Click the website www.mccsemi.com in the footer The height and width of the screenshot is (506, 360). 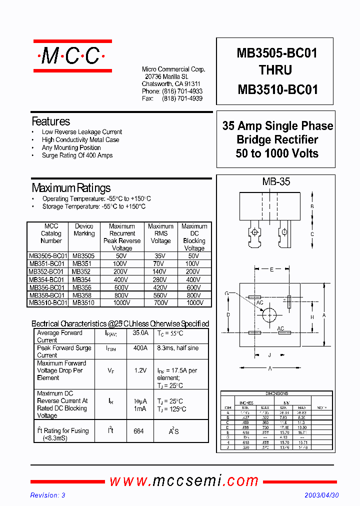click(x=183, y=480)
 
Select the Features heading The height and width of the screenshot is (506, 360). click(x=50, y=121)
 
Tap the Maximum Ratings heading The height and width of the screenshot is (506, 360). click(x=71, y=188)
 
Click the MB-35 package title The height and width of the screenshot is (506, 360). click(x=275, y=182)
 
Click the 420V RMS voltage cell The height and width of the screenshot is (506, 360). click(x=160, y=287)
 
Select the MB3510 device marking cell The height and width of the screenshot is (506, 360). click(x=83, y=302)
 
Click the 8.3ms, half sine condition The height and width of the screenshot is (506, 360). click(x=177, y=348)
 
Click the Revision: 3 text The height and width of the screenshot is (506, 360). click(x=48, y=495)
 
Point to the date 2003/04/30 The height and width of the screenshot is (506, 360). click(x=322, y=495)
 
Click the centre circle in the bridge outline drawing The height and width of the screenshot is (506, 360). click(x=269, y=314)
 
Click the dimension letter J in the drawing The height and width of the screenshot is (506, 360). click(x=269, y=355)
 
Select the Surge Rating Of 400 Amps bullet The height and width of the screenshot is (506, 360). click(x=77, y=155)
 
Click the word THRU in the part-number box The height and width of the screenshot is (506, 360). click(x=275, y=70)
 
